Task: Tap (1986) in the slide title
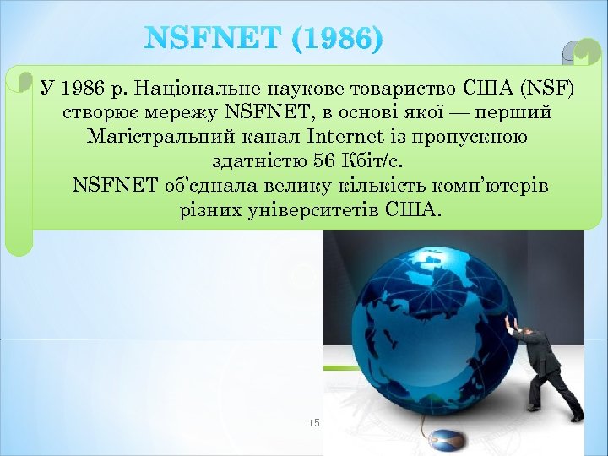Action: [334, 38]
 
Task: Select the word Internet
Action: [339, 137]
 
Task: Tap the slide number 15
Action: [314, 422]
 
